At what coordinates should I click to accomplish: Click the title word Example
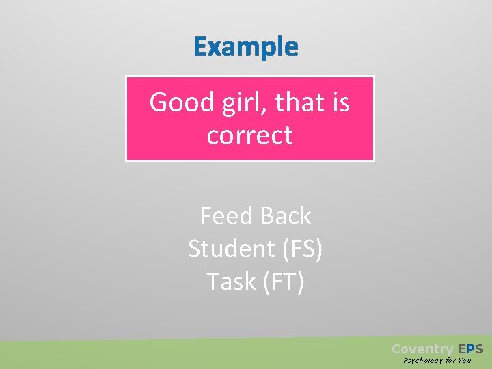click(246, 47)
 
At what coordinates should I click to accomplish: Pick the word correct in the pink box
click(249, 135)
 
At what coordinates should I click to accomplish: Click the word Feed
click(223, 216)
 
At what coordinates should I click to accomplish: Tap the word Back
click(286, 216)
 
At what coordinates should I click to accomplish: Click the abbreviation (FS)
click(301, 249)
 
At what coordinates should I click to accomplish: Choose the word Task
click(231, 281)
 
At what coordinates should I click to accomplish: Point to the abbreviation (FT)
click(283, 281)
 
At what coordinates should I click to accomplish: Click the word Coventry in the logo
click(422, 348)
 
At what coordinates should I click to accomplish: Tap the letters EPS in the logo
click(470, 348)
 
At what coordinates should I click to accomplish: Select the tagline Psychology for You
click(437, 360)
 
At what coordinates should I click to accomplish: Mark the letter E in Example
click(200, 47)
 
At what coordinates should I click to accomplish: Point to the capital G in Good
click(159, 103)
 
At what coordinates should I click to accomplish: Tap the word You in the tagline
click(465, 360)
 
